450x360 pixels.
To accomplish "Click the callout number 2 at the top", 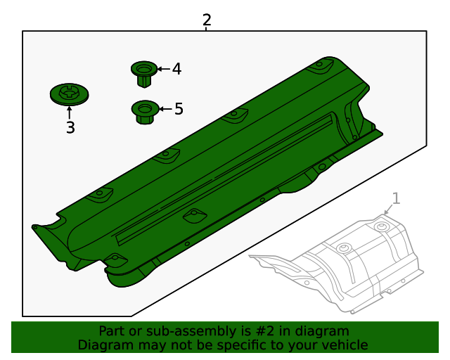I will pyautogui.click(x=206, y=20).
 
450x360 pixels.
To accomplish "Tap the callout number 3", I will pyautogui.click(x=70, y=128).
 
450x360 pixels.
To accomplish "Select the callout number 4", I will pyautogui.click(x=176, y=69).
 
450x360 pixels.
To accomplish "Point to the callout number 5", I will pyautogui.click(x=179, y=109).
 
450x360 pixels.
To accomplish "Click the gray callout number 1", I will pyautogui.click(x=396, y=198).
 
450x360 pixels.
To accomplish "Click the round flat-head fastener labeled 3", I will pyautogui.click(x=69, y=94).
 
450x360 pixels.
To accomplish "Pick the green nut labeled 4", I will pyautogui.click(x=144, y=73).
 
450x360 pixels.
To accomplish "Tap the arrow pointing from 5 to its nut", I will pyautogui.click(x=165, y=109).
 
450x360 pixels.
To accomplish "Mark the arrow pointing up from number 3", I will pyautogui.click(x=70, y=112).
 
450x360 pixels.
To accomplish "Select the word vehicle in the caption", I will pyautogui.click(x=345, y=345).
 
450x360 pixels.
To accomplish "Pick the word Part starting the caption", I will pyautogui.click(x=112, y=331).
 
